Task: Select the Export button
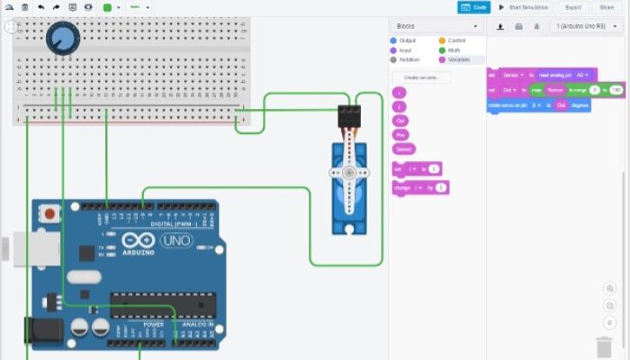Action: click(x=572, y=7)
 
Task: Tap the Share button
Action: click(x=606, y=7)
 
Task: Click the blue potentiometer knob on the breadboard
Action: click(x=64, y=38)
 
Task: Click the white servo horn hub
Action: click(x=346, y=172)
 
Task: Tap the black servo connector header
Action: click(x=348, y=114)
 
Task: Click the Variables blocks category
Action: click(x=458, y=59)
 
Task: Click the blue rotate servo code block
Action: click(x=538, y=105)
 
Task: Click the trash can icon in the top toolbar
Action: click(x=25, y=7)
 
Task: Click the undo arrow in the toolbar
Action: click(x=41, y=7)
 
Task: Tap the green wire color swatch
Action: click(x=108, y=7)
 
